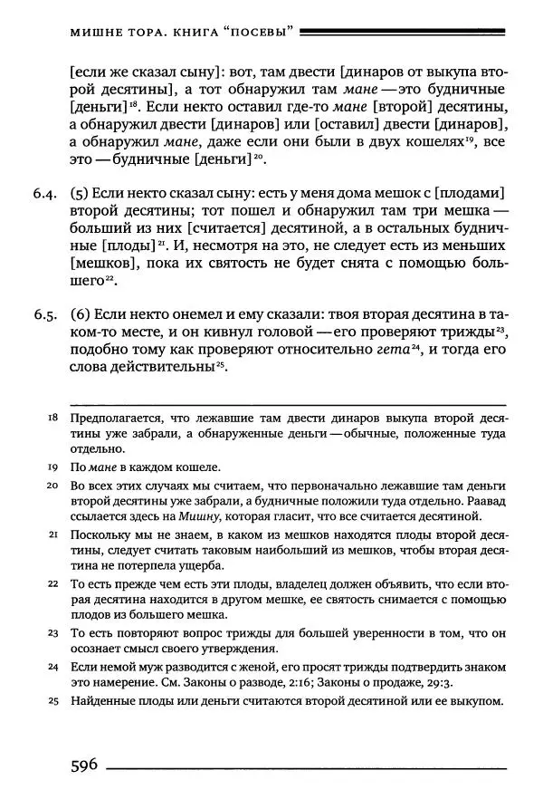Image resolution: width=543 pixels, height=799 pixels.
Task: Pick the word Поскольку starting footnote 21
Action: [x=101, y=535]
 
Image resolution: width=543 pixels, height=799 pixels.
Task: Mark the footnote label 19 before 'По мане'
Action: [x=51, y=467]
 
